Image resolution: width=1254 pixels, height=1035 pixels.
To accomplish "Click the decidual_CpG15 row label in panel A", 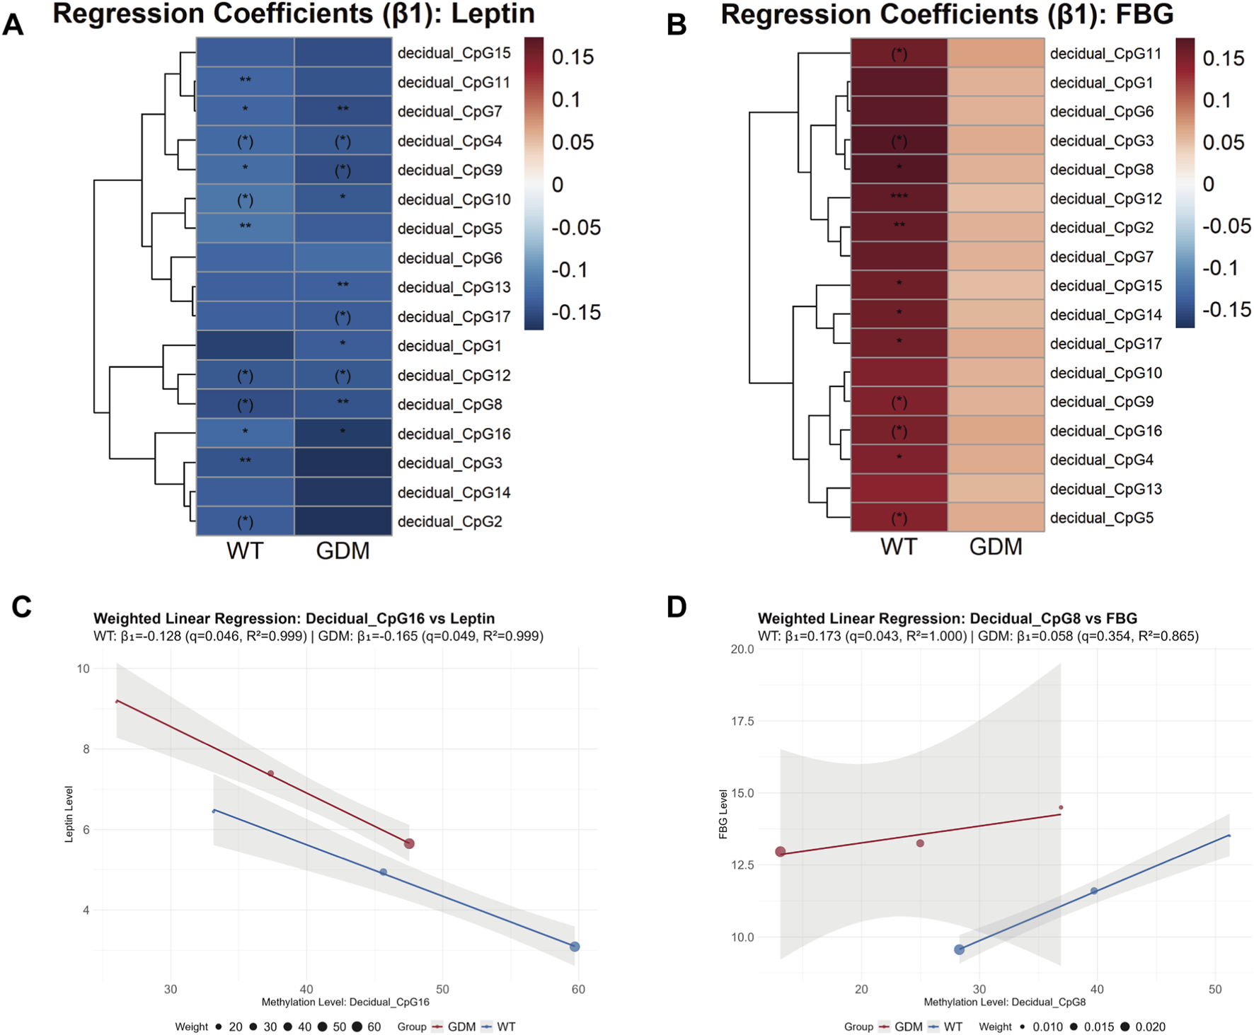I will (454, 53).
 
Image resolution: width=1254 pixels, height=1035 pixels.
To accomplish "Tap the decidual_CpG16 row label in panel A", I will (454, 434).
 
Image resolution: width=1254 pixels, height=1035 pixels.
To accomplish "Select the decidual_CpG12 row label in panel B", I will (1105, 199).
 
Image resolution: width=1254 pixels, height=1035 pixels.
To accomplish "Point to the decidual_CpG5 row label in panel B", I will (1101, 518).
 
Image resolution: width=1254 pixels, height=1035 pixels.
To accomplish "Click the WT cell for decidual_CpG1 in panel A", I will (245, 346).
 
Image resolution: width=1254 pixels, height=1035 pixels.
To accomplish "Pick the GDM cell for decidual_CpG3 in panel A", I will (343, 463).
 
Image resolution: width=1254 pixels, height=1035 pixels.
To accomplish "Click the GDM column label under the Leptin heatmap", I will (343, 550).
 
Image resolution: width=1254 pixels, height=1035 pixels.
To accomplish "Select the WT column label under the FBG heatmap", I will (899, 547).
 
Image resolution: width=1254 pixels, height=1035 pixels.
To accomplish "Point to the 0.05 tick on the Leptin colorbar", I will (572, 142).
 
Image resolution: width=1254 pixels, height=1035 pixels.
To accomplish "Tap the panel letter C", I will (21, 607).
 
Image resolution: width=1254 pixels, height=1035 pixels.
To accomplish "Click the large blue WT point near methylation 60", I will (575, 947).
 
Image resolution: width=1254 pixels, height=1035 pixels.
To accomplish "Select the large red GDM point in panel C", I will (409, 843).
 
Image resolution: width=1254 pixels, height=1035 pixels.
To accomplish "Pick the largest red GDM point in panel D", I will (781, 852).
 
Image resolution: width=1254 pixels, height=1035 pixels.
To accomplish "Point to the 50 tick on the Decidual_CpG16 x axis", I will (442, 989).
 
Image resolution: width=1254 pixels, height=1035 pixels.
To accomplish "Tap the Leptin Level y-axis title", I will (69, 814).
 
